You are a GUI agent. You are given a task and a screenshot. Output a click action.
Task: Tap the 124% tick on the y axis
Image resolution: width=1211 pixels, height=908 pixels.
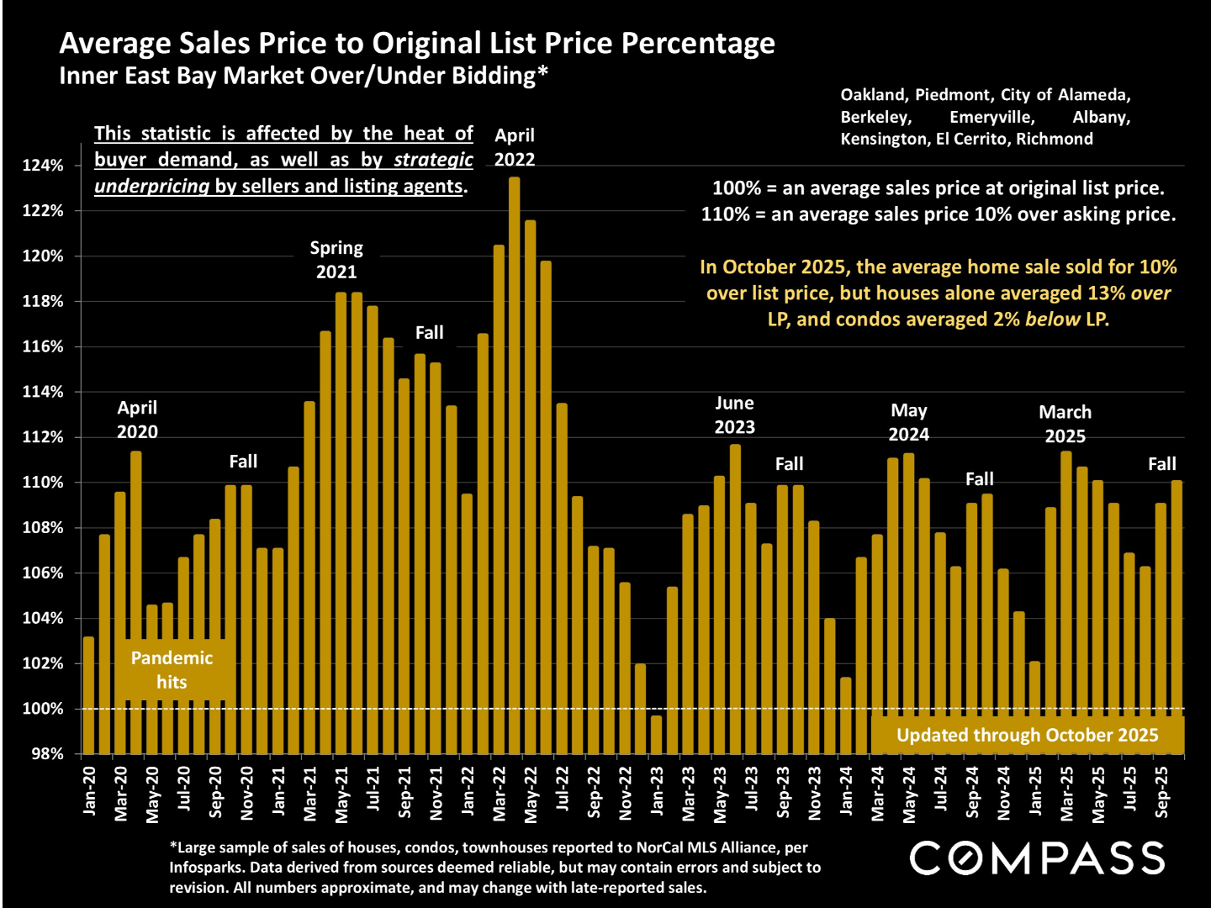43,166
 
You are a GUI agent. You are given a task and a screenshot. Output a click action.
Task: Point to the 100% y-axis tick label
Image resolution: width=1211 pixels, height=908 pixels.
43,709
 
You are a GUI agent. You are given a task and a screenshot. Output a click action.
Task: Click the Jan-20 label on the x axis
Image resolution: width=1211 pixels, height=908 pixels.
90,791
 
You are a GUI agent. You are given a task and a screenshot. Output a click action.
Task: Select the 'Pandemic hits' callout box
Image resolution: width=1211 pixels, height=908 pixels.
172,670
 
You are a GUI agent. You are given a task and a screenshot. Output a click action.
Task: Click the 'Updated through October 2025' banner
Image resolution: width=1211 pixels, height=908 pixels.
1027,735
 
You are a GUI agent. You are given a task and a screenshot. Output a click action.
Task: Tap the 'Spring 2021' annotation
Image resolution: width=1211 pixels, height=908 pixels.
336,260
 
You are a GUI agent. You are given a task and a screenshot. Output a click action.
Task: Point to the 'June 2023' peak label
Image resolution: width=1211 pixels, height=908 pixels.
734,415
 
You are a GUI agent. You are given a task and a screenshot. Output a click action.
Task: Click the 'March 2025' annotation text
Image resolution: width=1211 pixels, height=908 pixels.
1065,424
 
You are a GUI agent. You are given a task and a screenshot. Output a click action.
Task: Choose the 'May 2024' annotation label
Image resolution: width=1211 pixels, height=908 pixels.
909,422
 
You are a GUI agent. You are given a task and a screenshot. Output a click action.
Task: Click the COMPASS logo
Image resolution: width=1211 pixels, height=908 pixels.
1037,858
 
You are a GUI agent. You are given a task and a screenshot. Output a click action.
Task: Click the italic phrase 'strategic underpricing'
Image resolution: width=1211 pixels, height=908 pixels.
284,173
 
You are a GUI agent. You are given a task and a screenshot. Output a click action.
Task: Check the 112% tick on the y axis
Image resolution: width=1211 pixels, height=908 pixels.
43,437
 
